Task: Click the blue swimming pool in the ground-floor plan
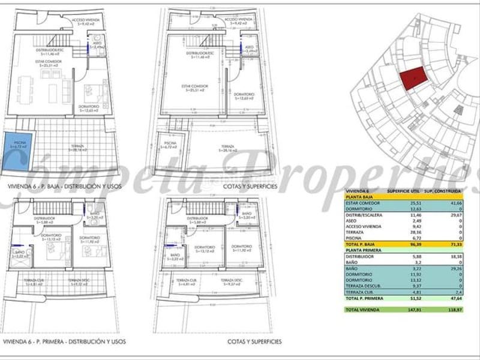pos(18,145)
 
